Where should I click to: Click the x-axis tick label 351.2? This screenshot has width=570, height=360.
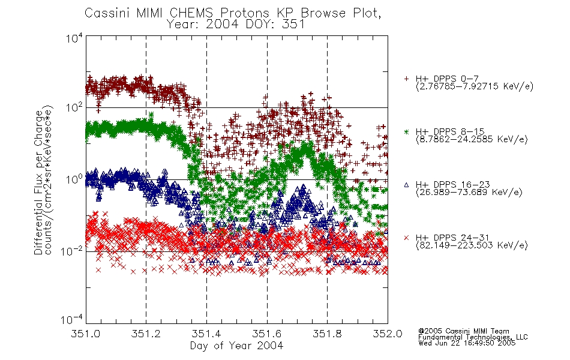tap(146, 334)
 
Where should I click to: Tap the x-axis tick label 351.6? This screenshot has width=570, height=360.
tap(267, 334)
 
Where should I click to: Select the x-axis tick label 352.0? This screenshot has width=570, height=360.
tap(388, 334)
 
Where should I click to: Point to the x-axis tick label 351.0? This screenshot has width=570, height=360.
tap(85, 334)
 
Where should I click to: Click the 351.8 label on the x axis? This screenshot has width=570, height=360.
tap(327, 334)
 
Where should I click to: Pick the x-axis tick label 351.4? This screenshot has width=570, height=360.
tap(206, 334)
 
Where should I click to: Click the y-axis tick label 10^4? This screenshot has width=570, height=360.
tap(74, 38)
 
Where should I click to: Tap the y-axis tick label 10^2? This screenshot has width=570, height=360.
tap(74, 107)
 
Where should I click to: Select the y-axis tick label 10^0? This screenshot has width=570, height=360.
tap(74, 179)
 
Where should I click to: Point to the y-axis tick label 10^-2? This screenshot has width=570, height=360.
tap(72, 251)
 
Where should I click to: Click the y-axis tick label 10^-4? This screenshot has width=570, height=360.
tap(72, 320)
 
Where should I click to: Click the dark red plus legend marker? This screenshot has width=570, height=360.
tap(406, 79)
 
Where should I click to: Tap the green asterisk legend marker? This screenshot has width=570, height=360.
tap(406, 131)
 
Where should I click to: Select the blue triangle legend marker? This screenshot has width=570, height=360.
tap(406, 185)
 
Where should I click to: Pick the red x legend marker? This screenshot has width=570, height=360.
tap(406, 238)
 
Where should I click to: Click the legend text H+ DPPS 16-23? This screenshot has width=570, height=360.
tap(452, 185)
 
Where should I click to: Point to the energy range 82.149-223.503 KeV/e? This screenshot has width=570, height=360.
tap(472, 245)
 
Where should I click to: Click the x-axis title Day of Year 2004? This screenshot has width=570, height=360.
tap(236, 346)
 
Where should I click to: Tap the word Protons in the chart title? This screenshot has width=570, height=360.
tap(244, 13)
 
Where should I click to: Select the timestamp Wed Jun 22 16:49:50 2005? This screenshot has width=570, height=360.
tap(467, 343)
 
